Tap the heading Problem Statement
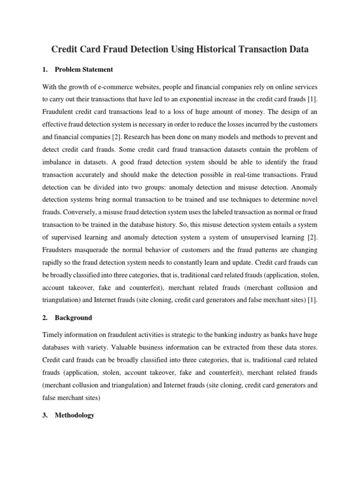[x=84, y=69]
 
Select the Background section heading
[x=73, y=317]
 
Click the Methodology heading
[x=75, y=415]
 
